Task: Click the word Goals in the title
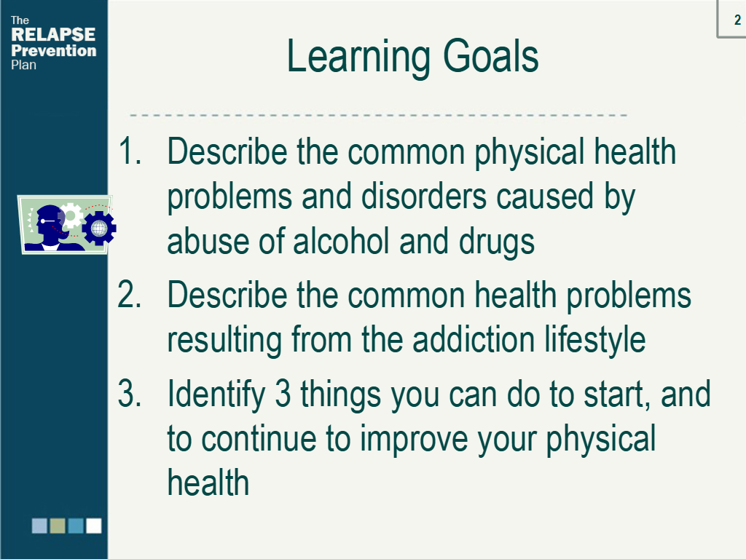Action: pos(490,56)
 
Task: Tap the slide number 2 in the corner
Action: pos(737,20)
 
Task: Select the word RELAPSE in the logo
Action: pos(53,34)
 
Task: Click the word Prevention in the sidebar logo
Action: pos(54,50)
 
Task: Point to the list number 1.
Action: pos(130,151)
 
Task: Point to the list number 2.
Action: pos(130,295)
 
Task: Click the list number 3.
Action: pos(130,394)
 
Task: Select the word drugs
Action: pos(497,242)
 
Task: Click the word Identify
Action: pos(216,395)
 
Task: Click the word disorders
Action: pos(423,196)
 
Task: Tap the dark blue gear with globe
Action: pos(99,228)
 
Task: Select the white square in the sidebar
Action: pos(94,526)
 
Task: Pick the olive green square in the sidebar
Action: pos(58,526)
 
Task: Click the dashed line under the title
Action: pos(378,115)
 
